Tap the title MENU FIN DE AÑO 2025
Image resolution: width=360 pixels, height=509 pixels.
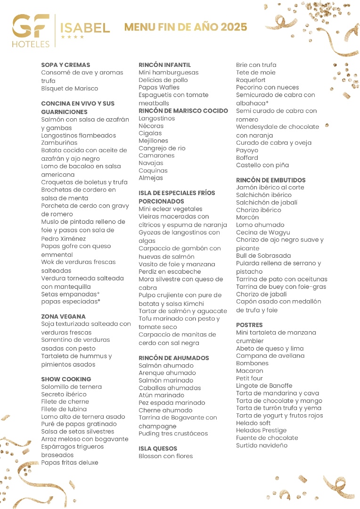coord(186,27)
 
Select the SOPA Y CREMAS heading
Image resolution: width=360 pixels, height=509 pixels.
coord(65,65)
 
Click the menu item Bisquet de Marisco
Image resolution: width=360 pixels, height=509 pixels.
coord(69,89)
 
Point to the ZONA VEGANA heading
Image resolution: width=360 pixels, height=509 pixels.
coord(63,316)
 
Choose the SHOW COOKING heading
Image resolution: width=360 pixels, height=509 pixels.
coord(66,379)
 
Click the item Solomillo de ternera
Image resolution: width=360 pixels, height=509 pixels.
coord(71,387)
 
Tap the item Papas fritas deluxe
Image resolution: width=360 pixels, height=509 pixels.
coord(70,463)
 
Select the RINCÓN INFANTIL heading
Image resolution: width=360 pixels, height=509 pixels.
coord(165,65)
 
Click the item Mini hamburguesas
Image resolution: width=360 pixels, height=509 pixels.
coord(169,73)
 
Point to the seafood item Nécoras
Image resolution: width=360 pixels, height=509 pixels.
coord(151,126)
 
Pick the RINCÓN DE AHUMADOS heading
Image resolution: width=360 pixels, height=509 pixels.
coord(173,358)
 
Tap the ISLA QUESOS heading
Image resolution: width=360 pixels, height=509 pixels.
coord(158,449)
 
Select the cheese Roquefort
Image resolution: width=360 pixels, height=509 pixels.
coord(251,80)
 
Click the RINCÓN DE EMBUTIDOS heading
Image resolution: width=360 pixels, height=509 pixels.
coord(270,180)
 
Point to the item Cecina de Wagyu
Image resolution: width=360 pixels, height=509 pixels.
coord(263,233)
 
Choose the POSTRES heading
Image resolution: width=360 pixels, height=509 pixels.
coord(249,325)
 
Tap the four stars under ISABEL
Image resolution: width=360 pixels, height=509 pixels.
coord(73,36)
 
